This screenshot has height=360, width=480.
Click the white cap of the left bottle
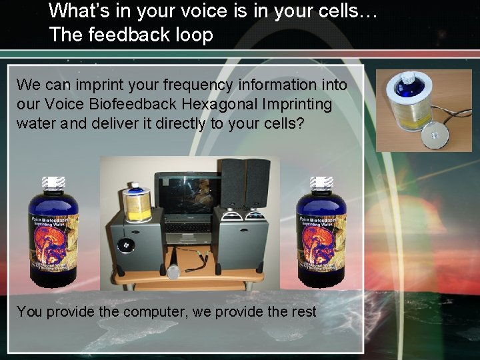pos(53,183)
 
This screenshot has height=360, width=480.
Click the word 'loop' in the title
pos(194,35)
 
